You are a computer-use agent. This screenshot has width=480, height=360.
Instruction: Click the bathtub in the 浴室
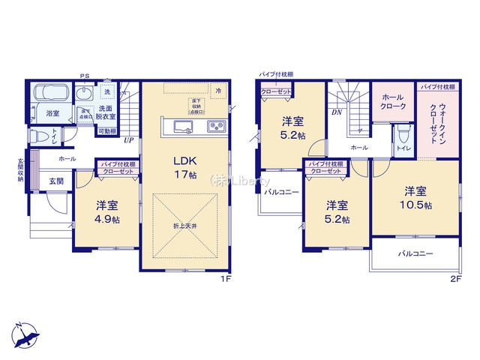(51, 94)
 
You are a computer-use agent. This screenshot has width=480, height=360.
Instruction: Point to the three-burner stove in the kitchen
(217, 125)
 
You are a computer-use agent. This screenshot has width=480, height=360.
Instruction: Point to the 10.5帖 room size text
(417, 205)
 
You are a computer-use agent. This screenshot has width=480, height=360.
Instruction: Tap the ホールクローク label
(394, 102)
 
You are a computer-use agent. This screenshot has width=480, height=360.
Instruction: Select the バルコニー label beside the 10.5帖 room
(415, 254)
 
